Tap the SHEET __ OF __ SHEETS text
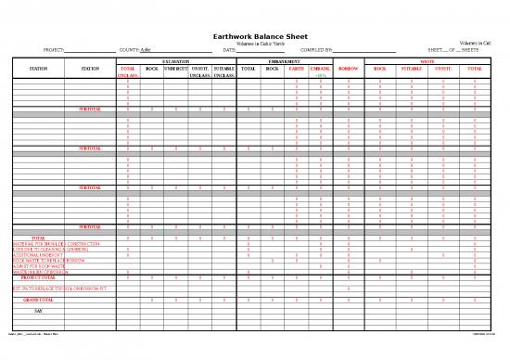(449, 50)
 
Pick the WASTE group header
(428, 61)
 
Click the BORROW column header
(348, 69)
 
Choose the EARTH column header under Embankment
(297, 69)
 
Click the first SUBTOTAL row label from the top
(91, 109)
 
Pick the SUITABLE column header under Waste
(411, 69)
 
